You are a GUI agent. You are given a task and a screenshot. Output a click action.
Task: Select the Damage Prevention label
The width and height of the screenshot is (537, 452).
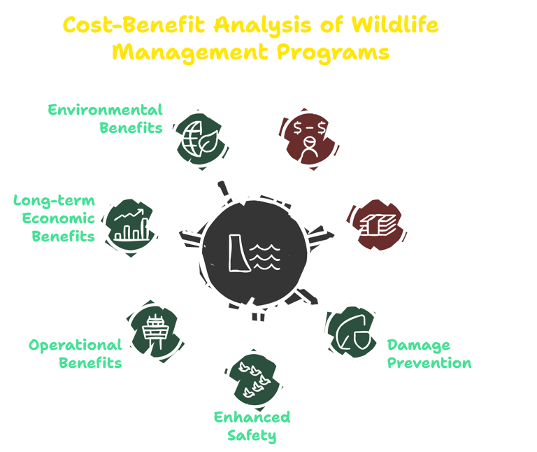coord(429,354)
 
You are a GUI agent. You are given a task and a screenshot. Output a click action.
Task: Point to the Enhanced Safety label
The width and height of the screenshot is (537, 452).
coord(252,427)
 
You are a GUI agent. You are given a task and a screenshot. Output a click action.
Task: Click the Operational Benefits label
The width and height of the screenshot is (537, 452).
coord(76,353)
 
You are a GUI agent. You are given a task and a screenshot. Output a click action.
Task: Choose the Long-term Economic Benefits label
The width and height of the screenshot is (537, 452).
coord(55,218)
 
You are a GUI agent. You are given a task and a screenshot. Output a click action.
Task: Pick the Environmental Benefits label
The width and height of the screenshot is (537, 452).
coord(105,118)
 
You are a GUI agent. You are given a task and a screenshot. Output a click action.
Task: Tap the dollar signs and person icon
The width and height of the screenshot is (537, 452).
coord(308,137)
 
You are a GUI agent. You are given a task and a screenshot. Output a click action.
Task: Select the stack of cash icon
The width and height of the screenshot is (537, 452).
coord(377,225)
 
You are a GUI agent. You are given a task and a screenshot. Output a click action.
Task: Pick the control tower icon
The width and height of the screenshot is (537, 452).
coord(155,330)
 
